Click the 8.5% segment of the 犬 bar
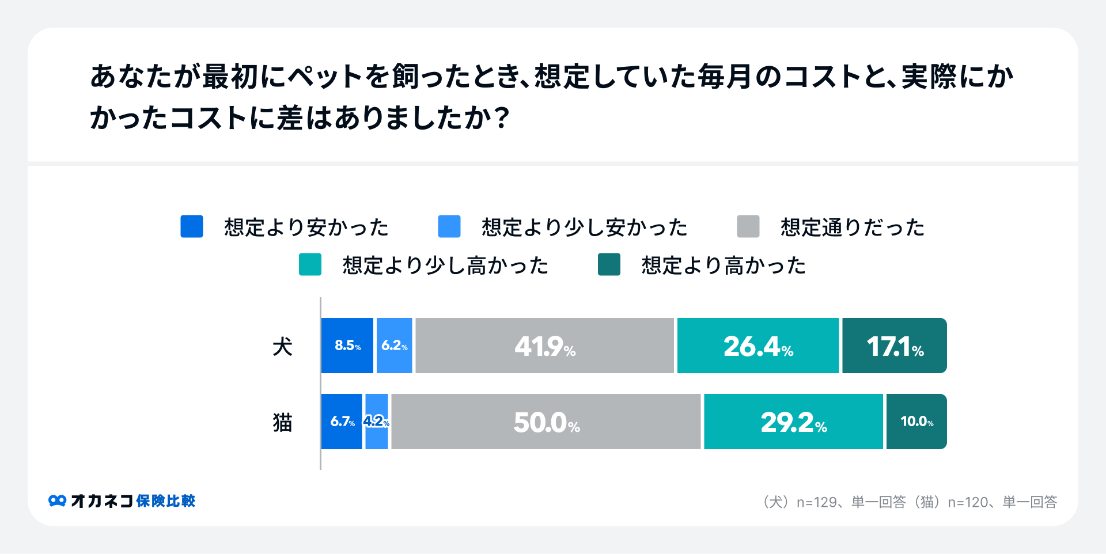(x=347, y=346)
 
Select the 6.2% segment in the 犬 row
(x=394, y=346)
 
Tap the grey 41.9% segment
(x=544, y=346)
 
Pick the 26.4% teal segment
(x=758, y=346)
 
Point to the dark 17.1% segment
(x=894, y=346)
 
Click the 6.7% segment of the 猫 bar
(x=342, y=422)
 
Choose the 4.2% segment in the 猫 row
(x=377, y=422)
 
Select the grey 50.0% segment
(x=546, y=422)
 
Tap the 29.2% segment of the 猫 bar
(x=793, y=422)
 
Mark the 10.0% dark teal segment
(x=916, y=422)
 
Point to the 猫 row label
(x=282, y=423)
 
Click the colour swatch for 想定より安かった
(x=192, y=226)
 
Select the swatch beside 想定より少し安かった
(x=449, y=226)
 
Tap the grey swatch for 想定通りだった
(x=748, y=226)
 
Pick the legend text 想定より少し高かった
(x=445, y=265)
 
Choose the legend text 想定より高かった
(x=724, y=265)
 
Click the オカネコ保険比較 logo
(x=122, y=501)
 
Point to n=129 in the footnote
(x=817, y=502)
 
